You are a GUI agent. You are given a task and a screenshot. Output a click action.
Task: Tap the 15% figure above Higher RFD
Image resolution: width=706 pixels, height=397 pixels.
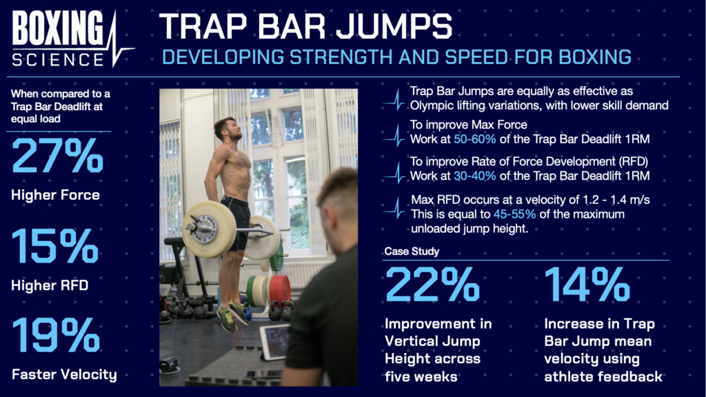pyautogui.click(x=55, y=247)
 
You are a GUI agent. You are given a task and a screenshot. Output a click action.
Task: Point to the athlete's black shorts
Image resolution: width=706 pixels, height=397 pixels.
pyautogui.click(x=238, y=214)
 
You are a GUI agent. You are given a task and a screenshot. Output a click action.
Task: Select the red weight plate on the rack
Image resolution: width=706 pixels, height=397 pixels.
pyautogui.click(x=279, y=288)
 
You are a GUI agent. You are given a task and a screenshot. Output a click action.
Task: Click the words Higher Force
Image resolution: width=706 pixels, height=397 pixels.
pyautogui.click(x=55, y=195)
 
